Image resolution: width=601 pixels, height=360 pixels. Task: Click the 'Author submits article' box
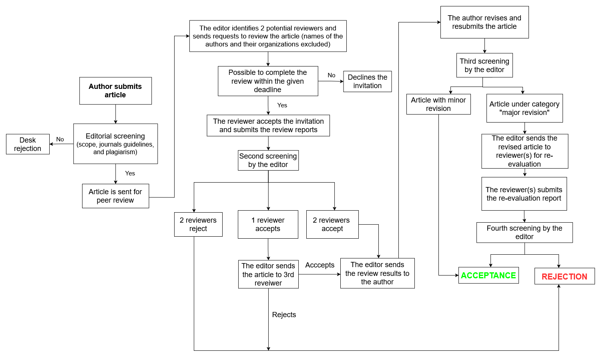point(115,91)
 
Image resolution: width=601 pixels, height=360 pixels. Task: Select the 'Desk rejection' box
point(28,144)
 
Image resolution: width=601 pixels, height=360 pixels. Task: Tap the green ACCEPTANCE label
point(488,276)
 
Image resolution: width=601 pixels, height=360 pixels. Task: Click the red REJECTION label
point(564,277)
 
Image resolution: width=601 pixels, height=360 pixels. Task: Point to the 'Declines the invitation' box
point(367,82)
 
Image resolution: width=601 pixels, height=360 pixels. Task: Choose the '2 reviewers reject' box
point(198,224)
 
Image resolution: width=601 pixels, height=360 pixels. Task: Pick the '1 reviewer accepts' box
point(268,224)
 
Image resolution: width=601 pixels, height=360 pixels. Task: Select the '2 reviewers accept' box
point(332,224)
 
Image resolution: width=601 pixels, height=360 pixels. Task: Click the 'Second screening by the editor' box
point(268,160)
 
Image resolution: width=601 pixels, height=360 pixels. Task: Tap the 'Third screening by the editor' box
point(484,65)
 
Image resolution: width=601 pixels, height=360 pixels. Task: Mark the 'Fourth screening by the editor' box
point(525,232)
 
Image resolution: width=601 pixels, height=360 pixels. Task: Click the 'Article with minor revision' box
point(438,104)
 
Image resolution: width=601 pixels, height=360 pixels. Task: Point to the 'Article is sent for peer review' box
point(115,196)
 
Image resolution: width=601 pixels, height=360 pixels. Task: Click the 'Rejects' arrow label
point(284,315)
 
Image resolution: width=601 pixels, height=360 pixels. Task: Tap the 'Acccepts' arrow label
point(320,265)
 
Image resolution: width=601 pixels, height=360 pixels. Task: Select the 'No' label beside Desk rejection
point(60,139)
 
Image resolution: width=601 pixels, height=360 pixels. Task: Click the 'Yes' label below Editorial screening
point(130,173)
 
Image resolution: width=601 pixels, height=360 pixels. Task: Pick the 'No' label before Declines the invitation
point(332,75)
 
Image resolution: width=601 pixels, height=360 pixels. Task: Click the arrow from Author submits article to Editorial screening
point(116,114)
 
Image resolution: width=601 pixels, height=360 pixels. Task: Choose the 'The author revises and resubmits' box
point(484,22)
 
